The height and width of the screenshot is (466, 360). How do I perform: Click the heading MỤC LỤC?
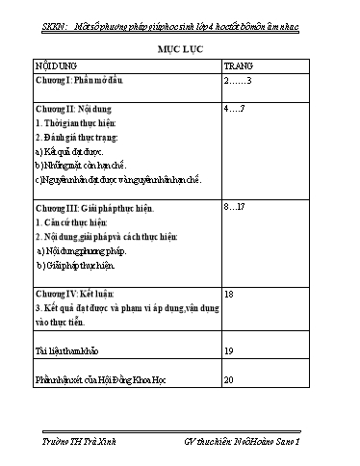click(180, 46)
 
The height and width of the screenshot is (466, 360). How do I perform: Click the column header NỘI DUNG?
click(59, 65)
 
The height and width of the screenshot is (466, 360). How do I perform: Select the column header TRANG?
click(238, 65)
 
